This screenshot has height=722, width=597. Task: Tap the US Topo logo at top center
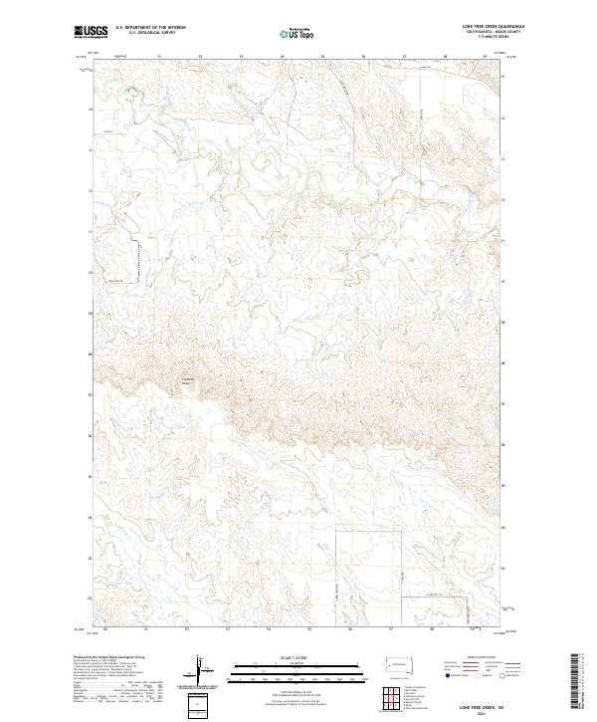pyautogui.click(x=298, y=33)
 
